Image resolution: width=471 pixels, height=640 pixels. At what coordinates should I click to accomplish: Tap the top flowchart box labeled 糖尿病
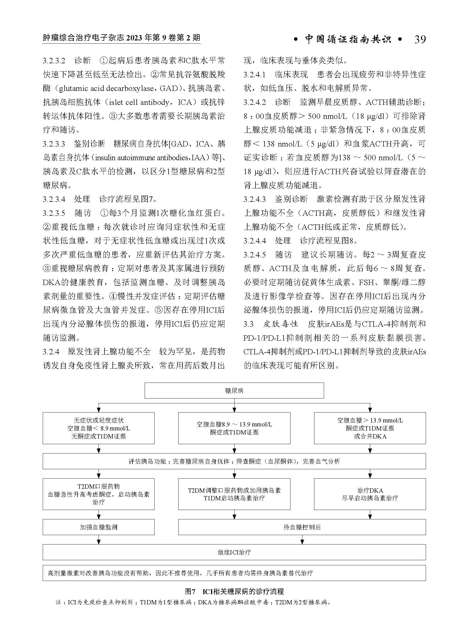(x=234, y=391)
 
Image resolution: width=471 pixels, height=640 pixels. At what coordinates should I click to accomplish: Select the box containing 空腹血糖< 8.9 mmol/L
(x=99, y=428)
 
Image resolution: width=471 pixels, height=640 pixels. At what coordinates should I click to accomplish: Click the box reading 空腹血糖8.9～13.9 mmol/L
(x=234, y=428)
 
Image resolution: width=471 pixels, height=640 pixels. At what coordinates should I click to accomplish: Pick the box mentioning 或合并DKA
(x=370, y=428)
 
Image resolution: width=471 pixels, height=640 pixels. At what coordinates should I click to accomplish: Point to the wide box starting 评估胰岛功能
(x=234, y=461)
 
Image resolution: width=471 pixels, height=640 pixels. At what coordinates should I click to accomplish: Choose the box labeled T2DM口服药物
(x=99, y=494)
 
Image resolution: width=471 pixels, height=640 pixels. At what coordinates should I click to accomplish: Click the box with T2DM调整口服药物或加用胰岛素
(x=234, y=494)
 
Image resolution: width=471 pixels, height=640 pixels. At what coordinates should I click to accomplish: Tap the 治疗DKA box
(x=370, y=494)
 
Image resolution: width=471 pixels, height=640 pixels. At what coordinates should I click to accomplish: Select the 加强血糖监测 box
(x=99, y=527)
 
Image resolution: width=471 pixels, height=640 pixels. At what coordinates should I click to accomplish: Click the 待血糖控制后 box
(x=302, y=527)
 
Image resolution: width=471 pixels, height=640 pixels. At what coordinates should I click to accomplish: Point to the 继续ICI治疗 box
(x=234, y=552)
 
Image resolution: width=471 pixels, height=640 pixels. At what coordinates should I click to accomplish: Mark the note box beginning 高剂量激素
(x=234, y=573)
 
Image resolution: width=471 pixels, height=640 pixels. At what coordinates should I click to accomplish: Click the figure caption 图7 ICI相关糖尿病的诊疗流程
(x=234, y=591)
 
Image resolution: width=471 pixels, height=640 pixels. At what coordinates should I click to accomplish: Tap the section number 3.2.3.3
(x=54, y=144)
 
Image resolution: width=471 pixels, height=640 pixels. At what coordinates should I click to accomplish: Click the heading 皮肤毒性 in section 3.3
(x=280, y=324)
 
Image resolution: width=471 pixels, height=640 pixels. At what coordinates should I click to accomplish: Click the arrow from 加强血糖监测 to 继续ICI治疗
(x=99, y=540)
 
